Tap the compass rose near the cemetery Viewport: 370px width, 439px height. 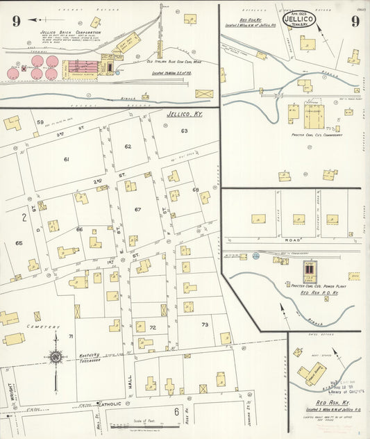point(55,357)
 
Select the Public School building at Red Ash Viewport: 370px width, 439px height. point(314,374)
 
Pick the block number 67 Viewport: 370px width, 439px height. point(138,209)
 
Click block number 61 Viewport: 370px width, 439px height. point(67,160)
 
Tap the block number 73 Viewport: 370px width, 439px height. point(205,324)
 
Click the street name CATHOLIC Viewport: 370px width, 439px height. point(109,404)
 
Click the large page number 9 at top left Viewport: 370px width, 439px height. point(16,21)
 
